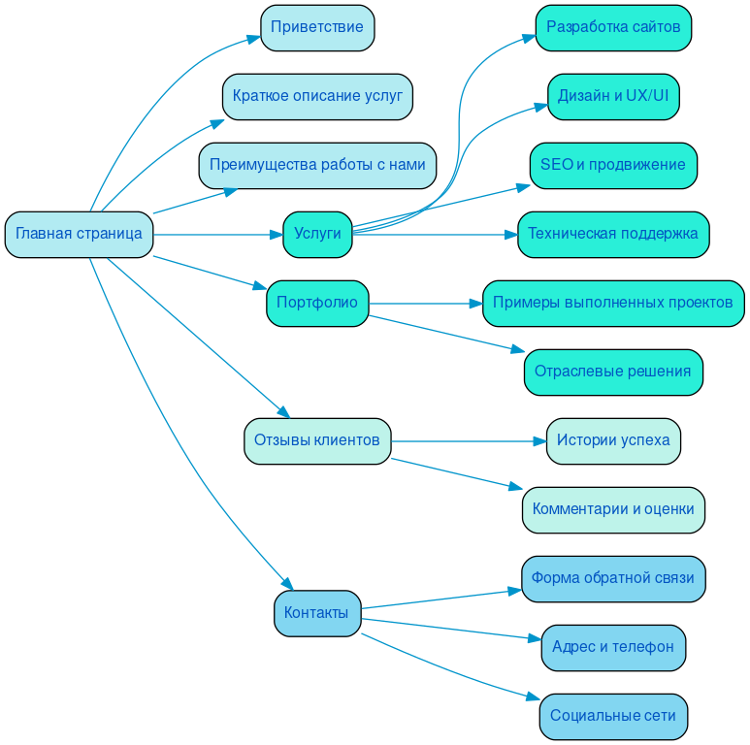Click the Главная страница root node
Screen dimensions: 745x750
[x=79, y=234]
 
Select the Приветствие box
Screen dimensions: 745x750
[x=317, y=27]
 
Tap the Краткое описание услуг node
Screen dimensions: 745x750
[x=317, y=96]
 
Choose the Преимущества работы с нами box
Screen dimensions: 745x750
[x=317, y=165]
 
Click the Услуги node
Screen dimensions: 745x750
[x=317, y=234]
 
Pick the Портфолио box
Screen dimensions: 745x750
[x=317, y=303]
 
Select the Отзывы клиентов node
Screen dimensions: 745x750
[x=317, y=440]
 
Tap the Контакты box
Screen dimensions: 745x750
[x=316, y=613]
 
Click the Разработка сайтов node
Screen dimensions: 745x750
[x=613, y=27]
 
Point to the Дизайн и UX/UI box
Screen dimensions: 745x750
[x=613, y=96]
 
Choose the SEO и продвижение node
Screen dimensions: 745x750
[x=613, y=165]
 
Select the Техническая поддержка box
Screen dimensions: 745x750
[x=613, y=234]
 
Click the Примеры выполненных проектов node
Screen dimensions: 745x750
[x=613, y=303]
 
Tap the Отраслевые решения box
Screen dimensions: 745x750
[x=613, y=372]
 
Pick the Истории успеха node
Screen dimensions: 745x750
[x=613, y=440]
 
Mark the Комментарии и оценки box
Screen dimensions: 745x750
[x=613, y=509]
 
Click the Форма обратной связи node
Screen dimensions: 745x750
[x=613, y=578]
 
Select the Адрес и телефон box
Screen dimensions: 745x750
[x=613, y=647]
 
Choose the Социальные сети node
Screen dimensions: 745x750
[x=613, y=716]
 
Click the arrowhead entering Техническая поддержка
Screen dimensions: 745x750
[x=510, y=234]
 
